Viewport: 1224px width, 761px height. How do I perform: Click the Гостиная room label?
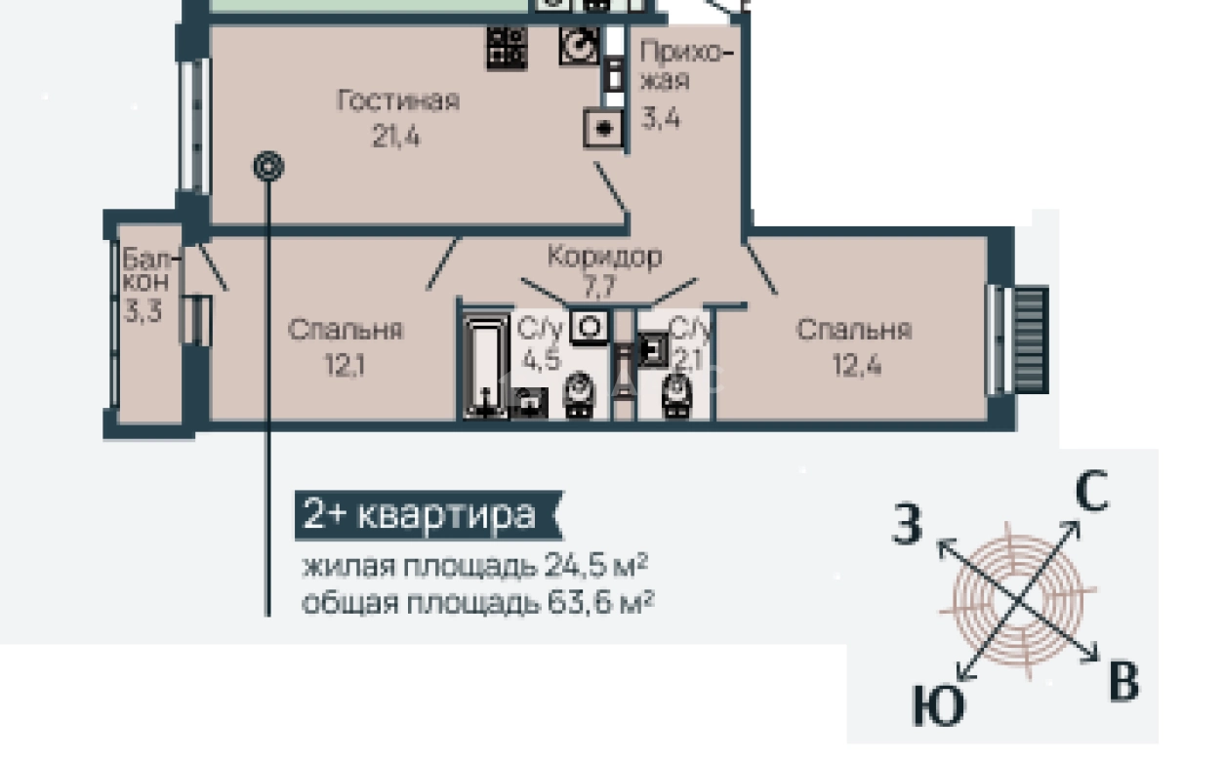click(x=398, y=101)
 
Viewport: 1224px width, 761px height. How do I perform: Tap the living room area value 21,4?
click(x=396, y=136)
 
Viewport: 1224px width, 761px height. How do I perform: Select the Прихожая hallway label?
click(x=685, y=65)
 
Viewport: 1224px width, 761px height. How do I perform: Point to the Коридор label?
click(x=605, y=257)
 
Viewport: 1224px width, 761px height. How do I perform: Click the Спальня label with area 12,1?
click(x=346, y=330)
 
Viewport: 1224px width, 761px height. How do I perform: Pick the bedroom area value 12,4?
click(x=857, y=365)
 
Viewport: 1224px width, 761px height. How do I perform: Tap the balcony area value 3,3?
click(x=143, y=311)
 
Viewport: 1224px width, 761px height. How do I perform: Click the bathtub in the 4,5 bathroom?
click(x=485, y=367)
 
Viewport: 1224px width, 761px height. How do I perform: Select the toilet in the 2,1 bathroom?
click(x=676, y=397)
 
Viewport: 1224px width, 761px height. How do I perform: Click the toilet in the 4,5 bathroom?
click(x=579, y=395)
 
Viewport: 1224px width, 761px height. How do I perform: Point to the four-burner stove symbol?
click(x=508, y=48)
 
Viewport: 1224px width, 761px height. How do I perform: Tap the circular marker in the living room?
click(x=268, y=166)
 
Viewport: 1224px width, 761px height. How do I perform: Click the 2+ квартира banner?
click(x=428, y=515)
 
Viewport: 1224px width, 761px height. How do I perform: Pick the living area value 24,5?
click(x=576, y=566)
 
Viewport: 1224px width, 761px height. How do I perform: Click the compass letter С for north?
click(x=1091, y=490)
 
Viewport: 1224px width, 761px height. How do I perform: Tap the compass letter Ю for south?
click(x=939, y=705)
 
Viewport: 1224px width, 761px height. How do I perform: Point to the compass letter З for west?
click(x=907, y=523)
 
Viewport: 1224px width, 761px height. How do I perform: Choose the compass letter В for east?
click(x=1124, y=681)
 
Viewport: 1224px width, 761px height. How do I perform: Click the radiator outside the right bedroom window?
click(x=1032, y=340)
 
